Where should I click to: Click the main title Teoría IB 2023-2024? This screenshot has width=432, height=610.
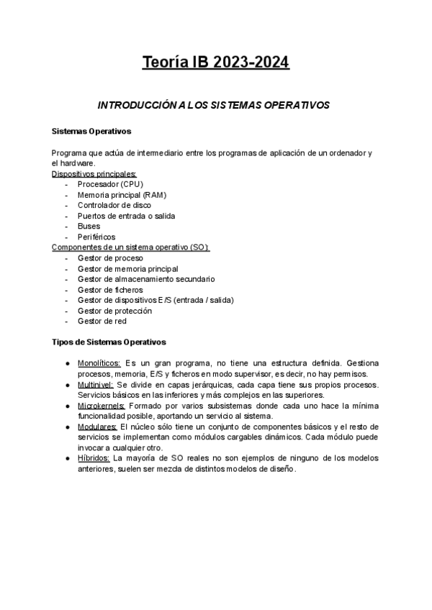216,63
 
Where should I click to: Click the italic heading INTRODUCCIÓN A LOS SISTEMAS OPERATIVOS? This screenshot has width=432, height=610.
213,105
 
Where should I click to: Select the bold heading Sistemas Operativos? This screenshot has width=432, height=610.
91,132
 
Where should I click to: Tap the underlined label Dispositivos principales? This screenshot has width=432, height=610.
94,174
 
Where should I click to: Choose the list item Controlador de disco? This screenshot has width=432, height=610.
114,205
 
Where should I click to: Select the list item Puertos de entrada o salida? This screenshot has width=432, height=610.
126,216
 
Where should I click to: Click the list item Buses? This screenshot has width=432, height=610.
89,226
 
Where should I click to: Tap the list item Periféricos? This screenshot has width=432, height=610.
96,237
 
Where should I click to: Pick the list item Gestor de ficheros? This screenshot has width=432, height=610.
110,289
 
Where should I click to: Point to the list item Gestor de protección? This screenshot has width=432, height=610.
114,311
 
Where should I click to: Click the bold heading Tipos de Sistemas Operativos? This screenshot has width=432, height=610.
109,342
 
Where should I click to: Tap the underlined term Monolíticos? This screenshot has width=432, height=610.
100,363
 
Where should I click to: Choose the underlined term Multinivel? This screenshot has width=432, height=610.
96,384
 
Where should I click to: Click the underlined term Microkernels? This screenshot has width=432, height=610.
101,406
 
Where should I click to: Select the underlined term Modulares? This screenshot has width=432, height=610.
97,427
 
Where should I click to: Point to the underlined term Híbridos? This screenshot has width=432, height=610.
94,458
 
